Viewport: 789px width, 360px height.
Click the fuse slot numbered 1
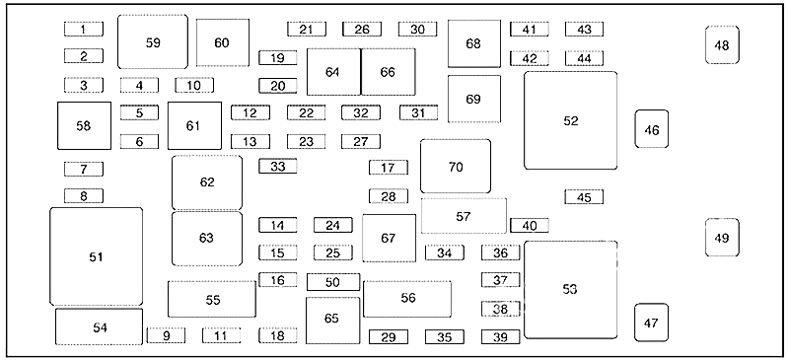point(84,30)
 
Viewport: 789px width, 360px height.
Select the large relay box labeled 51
point(96,256)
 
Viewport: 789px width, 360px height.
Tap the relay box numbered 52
point(570,120)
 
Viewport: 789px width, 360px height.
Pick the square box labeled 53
point(570,289)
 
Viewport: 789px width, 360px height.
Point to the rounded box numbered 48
point(722,45)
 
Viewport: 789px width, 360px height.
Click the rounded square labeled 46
point(651,129)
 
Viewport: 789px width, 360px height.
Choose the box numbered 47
point(651,323)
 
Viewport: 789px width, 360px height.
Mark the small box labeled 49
point(722,238)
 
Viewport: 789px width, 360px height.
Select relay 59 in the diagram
point(152,41)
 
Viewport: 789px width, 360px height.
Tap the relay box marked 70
point(455,167)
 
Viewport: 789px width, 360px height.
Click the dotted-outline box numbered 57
point(464,216)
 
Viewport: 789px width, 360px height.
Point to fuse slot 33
point(278,167)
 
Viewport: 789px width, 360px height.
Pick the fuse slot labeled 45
point(584,197)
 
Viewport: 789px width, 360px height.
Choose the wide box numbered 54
point(99,326)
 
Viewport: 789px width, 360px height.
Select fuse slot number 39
point(500,337)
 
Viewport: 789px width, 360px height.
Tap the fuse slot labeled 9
point(166,336)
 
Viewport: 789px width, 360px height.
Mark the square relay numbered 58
point(83,126)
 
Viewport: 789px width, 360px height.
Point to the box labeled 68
point(473,44)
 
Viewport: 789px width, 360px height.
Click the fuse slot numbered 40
point(529,226)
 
